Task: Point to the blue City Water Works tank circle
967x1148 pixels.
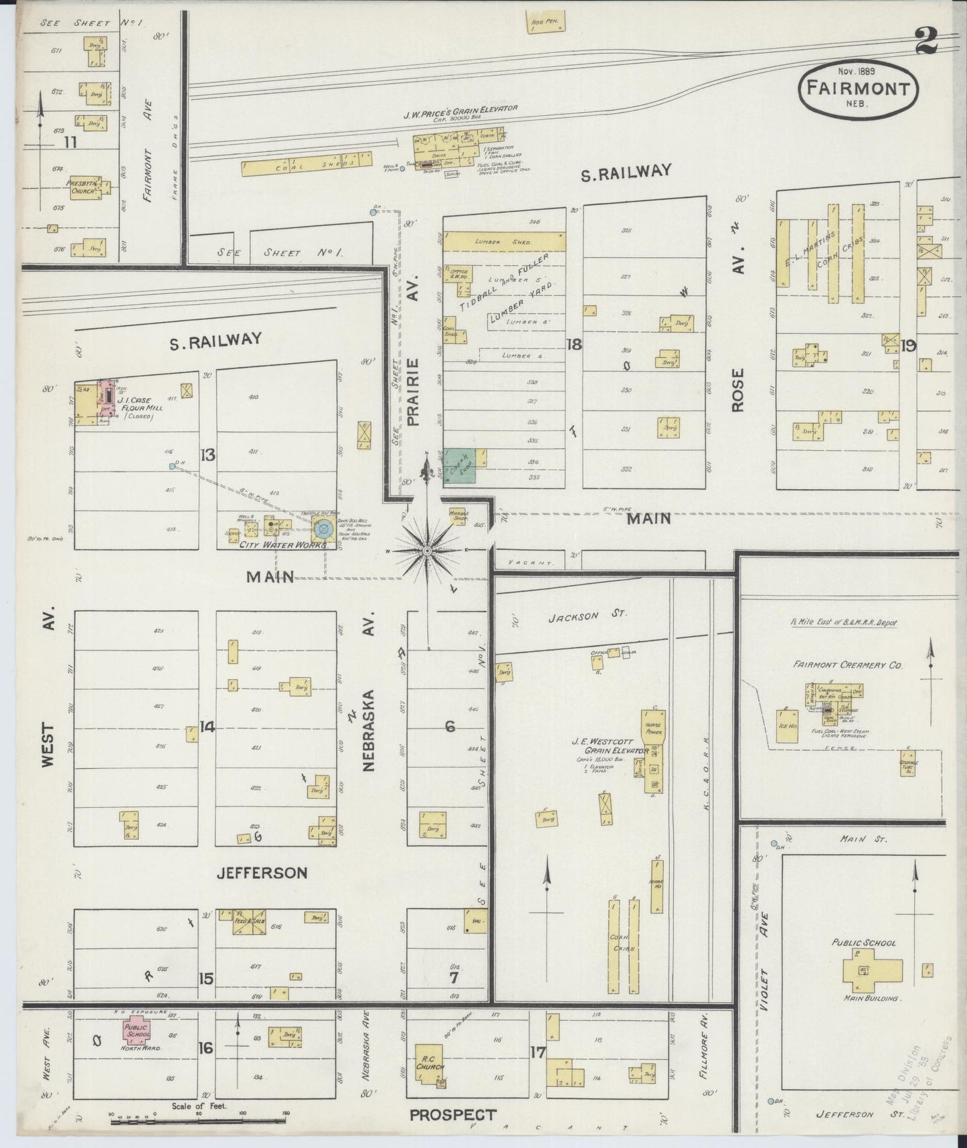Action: (x=324, y=529)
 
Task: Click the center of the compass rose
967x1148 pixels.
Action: (x=426, y=550)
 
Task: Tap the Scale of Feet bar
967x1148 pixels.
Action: (x=198, y=1117)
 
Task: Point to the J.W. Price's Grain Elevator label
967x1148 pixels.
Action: (x=460, y=109)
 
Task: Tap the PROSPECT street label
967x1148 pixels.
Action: (x=453, y=1115)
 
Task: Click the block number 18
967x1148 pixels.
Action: (x=574, y=345)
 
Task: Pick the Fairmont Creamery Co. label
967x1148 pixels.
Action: (x=848, y=666)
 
